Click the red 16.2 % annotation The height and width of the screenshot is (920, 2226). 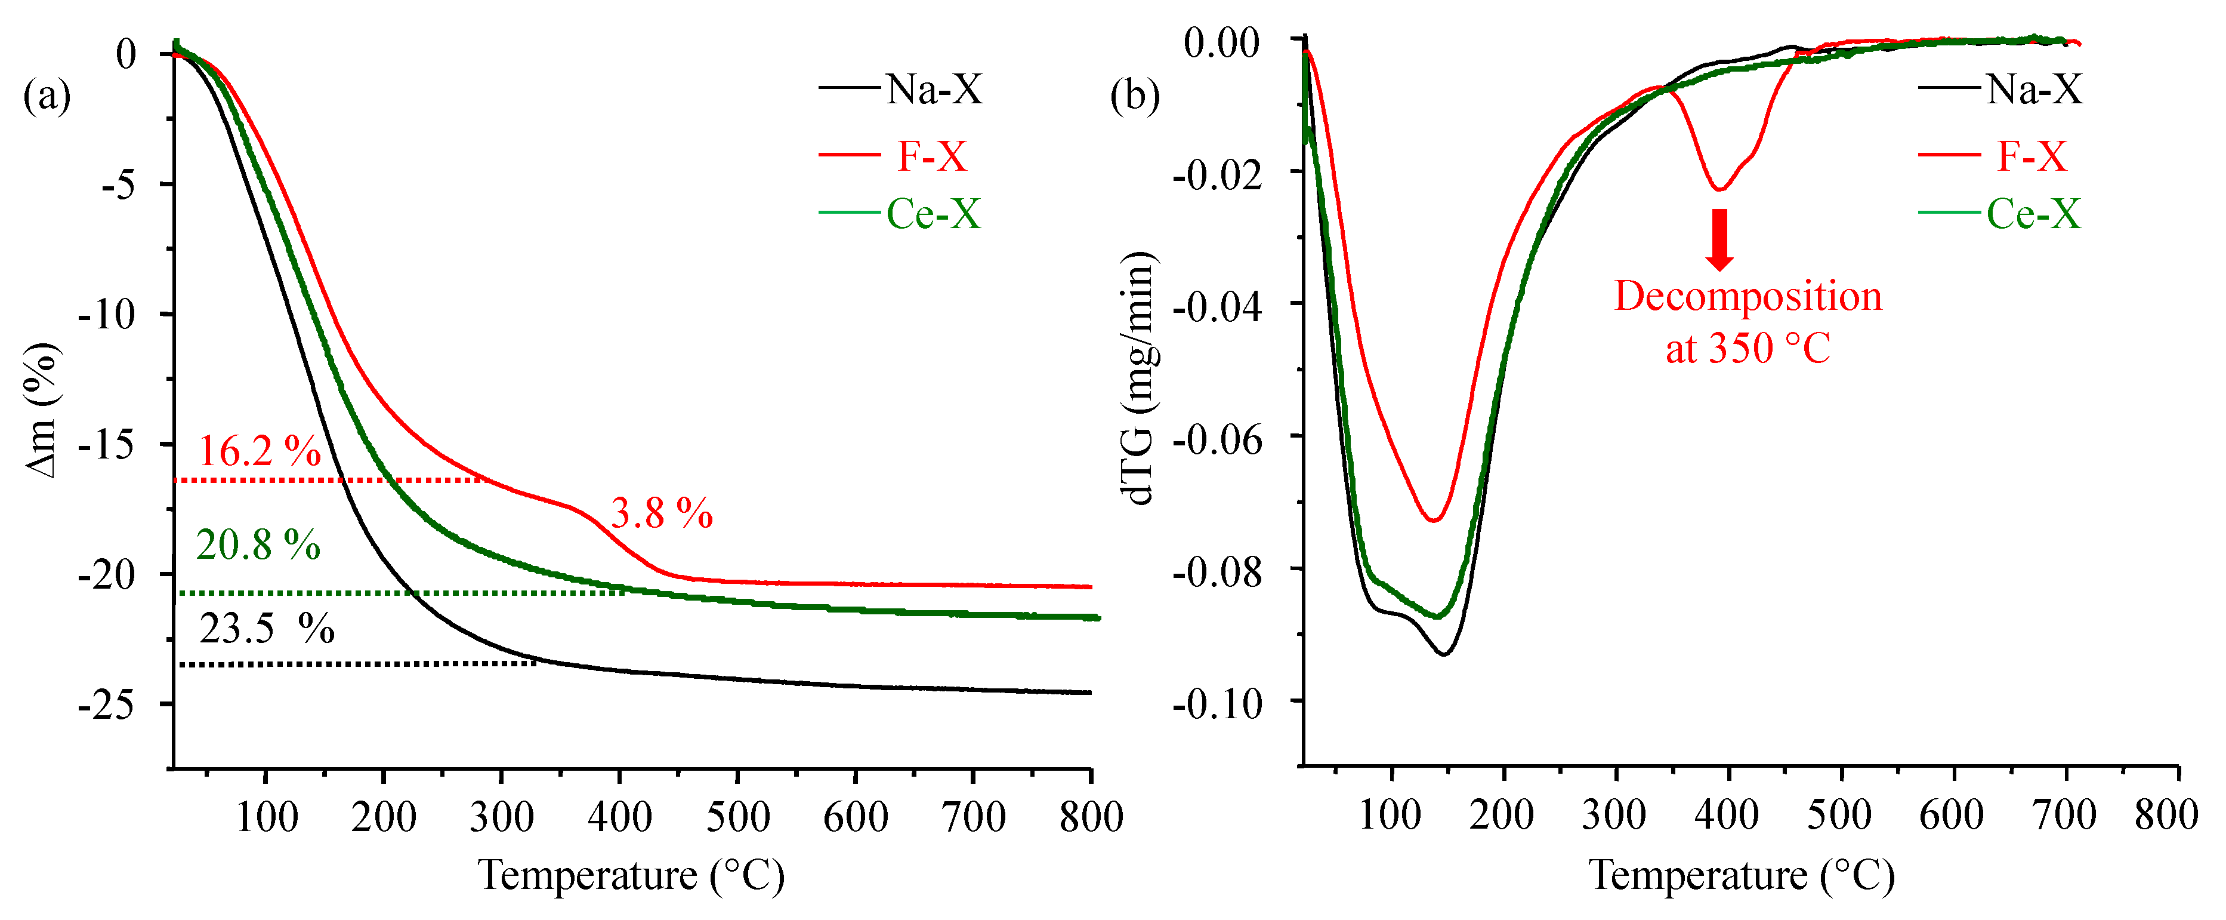(x=260, y=451)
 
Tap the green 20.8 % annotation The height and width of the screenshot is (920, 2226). (x=258, y=544)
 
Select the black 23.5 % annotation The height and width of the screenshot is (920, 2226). (x=266, y=629)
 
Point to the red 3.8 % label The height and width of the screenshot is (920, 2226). (x=662, y=513)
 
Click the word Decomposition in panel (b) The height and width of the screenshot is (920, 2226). (x=1748, y=297)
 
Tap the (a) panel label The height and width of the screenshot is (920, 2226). (x=47, y=95)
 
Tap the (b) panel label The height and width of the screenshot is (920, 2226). (x=1134, y=95)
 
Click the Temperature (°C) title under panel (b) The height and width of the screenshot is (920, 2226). (x=1741, y=875)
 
